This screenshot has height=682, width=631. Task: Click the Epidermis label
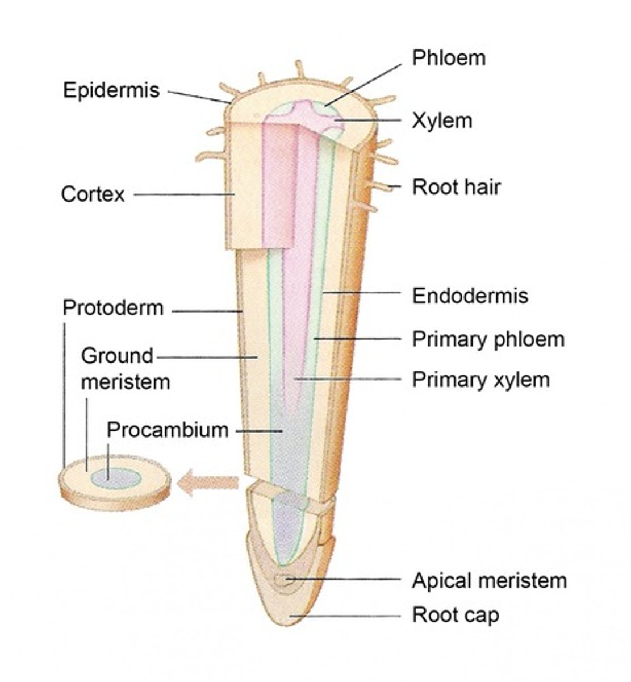pos(111,90)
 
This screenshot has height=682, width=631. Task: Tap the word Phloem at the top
pos(449,57)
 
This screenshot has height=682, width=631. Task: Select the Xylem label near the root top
pos(442,120)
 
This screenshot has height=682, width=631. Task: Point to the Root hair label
pos(456,186)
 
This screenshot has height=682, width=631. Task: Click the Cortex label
pos(93,194)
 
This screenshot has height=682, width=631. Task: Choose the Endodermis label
pos(470,296)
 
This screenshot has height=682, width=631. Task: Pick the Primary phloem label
pos(488,339)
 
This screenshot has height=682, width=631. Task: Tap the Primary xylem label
pos(480,379)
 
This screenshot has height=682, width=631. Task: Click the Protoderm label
pos(112,308)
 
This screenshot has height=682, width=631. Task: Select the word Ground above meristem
pos(117,356)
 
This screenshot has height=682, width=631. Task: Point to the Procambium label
pos(168,430)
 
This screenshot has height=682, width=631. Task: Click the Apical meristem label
pos(489,581)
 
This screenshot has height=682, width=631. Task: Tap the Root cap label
pos(456,615)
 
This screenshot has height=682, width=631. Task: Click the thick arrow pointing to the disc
pos(208,483)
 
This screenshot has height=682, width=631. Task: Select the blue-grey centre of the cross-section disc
pos(117,478)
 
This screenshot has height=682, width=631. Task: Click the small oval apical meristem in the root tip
pos(283,580)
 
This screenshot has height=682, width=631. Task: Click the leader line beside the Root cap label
pos(352,616)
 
